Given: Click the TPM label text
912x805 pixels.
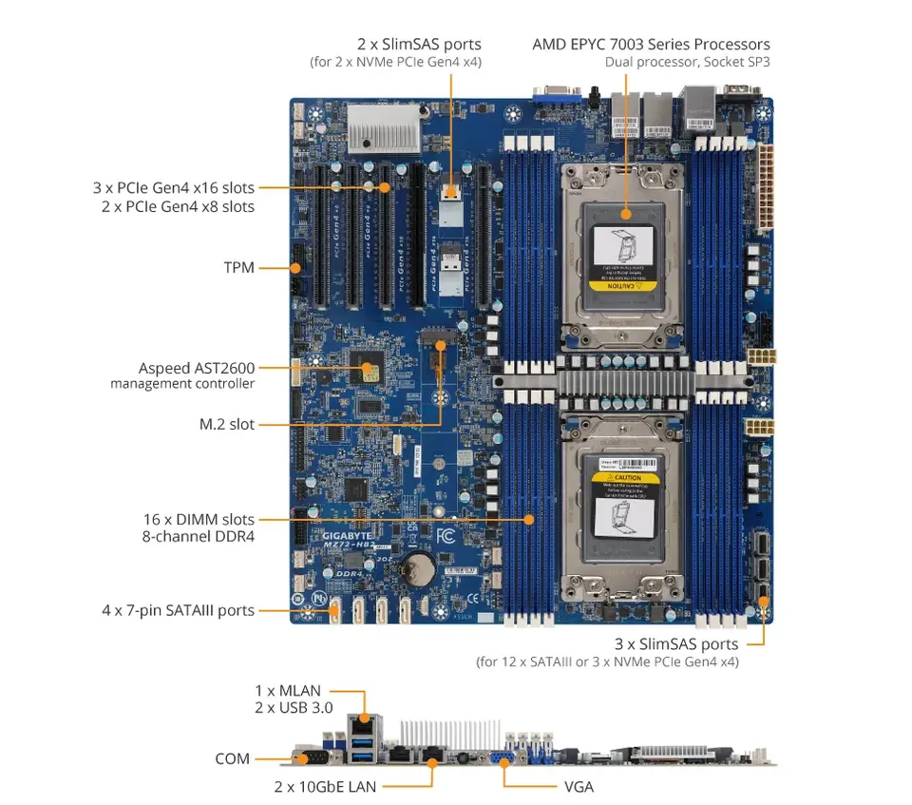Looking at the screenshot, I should tap(238, 268).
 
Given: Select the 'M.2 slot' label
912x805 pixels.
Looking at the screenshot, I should tap(226, 424).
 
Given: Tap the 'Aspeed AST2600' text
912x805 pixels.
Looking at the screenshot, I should tap(196, 368).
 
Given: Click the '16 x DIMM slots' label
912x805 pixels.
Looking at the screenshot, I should tap(198, 519).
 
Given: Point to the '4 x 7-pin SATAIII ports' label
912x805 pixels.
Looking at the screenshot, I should tap(178, 609).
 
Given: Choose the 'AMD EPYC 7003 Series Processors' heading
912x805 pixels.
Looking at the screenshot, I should tap(651, 44).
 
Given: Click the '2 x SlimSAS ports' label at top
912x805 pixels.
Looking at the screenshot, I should tap(419, 44).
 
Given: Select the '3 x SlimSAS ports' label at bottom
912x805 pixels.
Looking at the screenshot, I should tap(675, 644).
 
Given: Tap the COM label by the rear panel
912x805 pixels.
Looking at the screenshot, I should tap(232, 758).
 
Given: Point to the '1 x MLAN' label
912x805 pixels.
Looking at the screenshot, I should tap(287, 690).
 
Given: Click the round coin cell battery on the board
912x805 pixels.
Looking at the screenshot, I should tap(415, 569).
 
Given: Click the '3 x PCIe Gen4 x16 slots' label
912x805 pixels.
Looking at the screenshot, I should tap(173, 188).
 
